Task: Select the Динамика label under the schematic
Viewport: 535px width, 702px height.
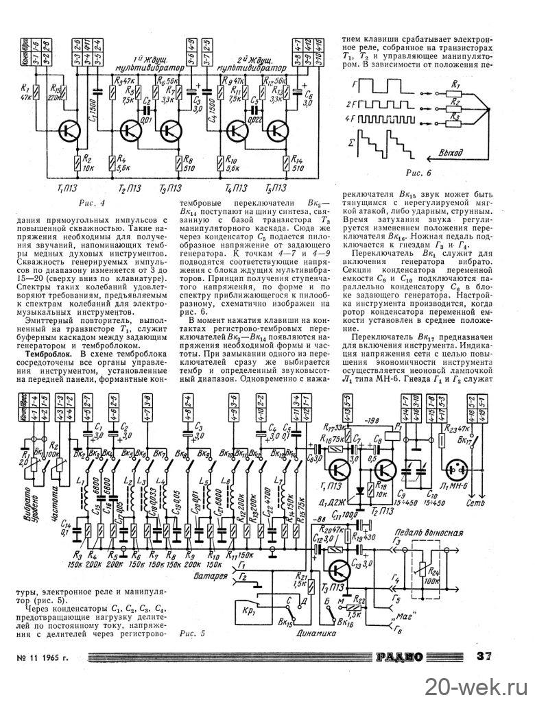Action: [x=318, y=635]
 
